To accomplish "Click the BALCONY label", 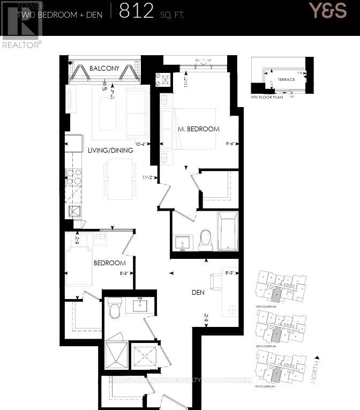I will click(x=104, y=68).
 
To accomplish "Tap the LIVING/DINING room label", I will click(x=110, y=150).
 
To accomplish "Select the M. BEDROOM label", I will click(x=199, y=129).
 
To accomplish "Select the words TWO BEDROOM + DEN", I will click(x=59, y=15).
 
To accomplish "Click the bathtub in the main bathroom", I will click(x=228, y=231).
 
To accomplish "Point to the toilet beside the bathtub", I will click(x=206, y=240).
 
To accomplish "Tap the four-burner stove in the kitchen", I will click(x=73, y=177).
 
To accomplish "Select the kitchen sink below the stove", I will click(x=73, y=211).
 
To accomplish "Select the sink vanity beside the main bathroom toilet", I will click(x=183, y=243).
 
